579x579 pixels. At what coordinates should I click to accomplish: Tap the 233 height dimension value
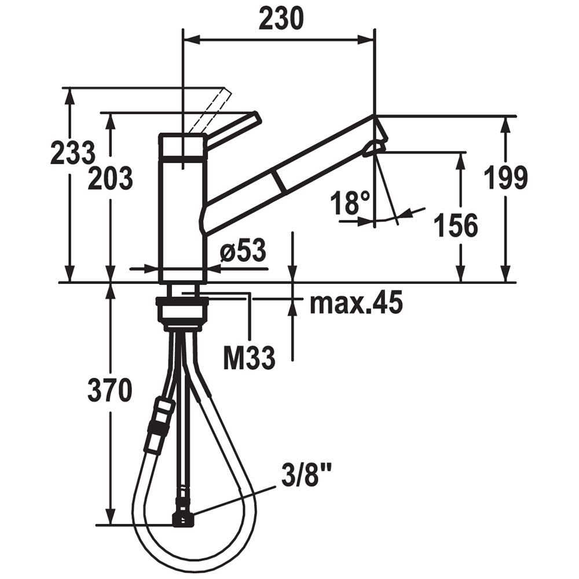point(73,153)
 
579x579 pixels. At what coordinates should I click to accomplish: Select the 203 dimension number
point(110,178)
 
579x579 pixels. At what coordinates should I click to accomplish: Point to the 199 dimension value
point(505,177)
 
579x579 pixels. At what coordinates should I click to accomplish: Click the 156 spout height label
point(456,225)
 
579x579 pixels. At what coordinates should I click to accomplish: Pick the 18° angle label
point(350,203)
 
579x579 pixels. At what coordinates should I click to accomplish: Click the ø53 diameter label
point(243,251)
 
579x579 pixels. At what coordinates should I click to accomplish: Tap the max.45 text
point(356,303)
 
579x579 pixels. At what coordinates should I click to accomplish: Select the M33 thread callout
point(249,357)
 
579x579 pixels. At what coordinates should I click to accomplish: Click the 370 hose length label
point(109,391)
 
